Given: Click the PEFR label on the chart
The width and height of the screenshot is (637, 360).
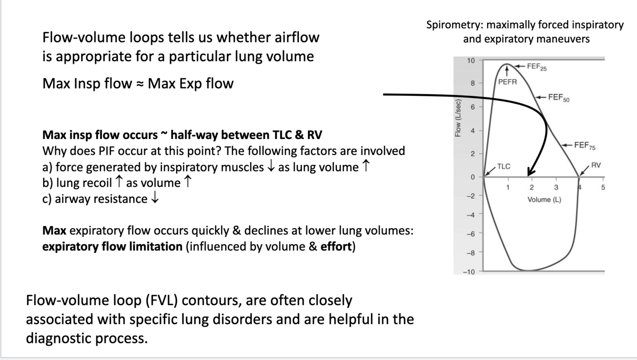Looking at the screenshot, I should pyautogui.click(x=507, y=82).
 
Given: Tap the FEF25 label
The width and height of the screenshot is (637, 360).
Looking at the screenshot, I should pyautogui.click(x=537, y=67).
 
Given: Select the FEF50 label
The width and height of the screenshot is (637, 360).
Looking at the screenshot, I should pyautogui.click(x=558, y=98).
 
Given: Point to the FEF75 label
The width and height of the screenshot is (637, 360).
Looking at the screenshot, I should pyautogui.click(x=585, y=146).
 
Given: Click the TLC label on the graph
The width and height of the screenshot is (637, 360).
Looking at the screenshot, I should pyautogui.click(x=503, y=167).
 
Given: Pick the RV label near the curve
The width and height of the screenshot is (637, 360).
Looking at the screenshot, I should pyautogui.click(x=596, y=166).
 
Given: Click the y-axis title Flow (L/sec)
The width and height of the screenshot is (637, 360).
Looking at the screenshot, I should pyautogui.click(x=458, y=118).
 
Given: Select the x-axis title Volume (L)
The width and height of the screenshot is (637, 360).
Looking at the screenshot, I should pyautogui.click(x=544, y=200).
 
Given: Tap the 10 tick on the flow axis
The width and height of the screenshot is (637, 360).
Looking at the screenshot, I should pyautogui.click(x=471, y=61).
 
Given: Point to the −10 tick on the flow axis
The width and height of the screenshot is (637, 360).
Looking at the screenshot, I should pyautogui.click(x=469, y=272).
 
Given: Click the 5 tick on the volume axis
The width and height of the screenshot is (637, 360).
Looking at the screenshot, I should pyautogui.click(x=603, y=188).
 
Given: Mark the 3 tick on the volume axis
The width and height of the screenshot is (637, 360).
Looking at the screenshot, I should pyautogui.click(x=555, y=188).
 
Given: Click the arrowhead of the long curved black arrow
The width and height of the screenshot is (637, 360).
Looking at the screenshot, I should pyautogui.click(x=530, y=173).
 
